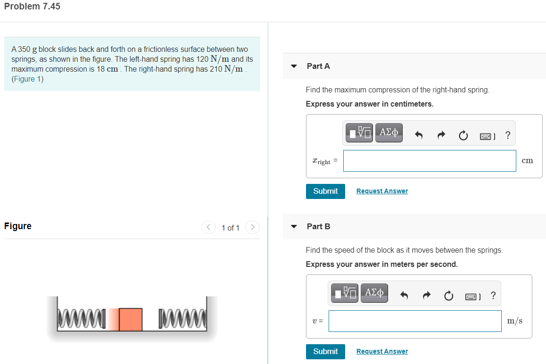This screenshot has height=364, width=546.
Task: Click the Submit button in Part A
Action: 325,191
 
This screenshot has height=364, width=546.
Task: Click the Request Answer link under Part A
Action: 382,191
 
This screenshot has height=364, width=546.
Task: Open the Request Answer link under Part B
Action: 382,351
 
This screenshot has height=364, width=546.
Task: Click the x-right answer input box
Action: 430,161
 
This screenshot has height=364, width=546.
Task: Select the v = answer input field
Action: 415,321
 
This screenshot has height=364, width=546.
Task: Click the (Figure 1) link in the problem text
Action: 28,79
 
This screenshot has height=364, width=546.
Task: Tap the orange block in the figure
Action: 131,319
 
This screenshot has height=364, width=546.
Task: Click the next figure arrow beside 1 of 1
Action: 253,228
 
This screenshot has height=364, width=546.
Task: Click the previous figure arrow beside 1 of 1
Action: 208,228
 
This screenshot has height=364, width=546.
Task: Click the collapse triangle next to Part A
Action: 294,66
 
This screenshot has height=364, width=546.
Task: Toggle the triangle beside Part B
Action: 294,227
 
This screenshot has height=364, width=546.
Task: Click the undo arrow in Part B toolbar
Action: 404,296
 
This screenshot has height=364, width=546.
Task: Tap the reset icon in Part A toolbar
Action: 463,136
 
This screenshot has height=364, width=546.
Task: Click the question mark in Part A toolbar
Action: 507,135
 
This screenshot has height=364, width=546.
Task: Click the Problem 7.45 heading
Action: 32,7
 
